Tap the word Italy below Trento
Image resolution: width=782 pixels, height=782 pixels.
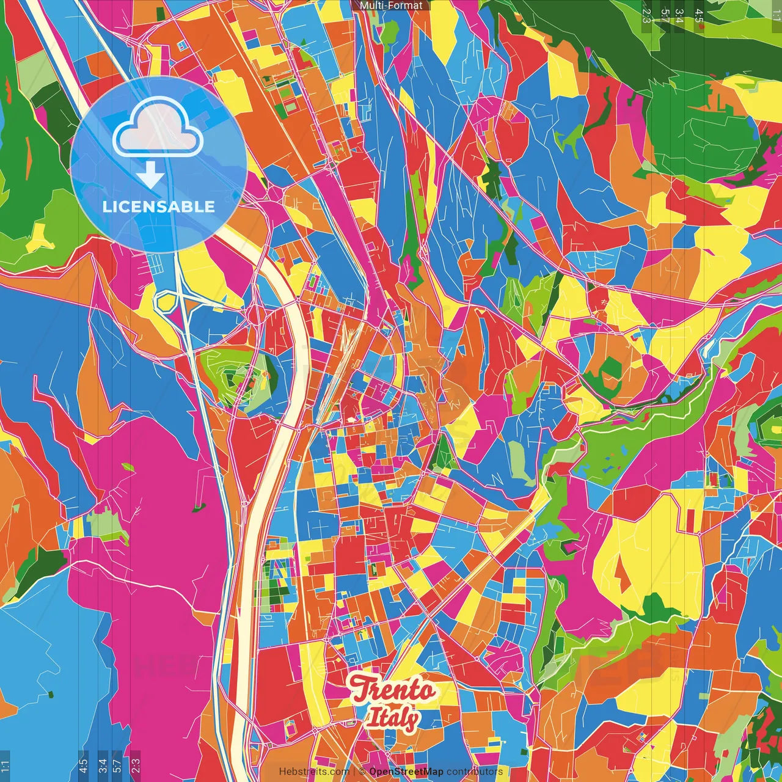tap(393, 718)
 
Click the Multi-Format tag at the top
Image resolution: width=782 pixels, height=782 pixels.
tap(391, 5)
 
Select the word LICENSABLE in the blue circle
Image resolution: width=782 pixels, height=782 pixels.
tap(159, 206)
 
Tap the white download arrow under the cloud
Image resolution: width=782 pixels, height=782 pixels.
tap(150, 175)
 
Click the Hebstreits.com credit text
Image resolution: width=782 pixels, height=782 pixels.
tap(314, 772)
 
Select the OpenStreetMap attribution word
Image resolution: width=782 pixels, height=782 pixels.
tap(406, 772)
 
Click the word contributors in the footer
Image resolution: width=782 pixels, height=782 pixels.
tap(475, 772)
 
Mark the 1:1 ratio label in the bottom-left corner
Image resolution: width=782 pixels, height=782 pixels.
tap(5, 766)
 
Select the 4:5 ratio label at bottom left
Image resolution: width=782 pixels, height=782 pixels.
tap(83, 766)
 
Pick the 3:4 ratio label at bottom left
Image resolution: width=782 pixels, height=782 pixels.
tap(103, 766)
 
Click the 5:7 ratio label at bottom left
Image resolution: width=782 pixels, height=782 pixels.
tap(117, 766)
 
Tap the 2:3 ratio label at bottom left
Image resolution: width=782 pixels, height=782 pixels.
tap(136, 766)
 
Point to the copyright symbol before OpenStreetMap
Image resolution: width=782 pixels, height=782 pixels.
tap(362, 772)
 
